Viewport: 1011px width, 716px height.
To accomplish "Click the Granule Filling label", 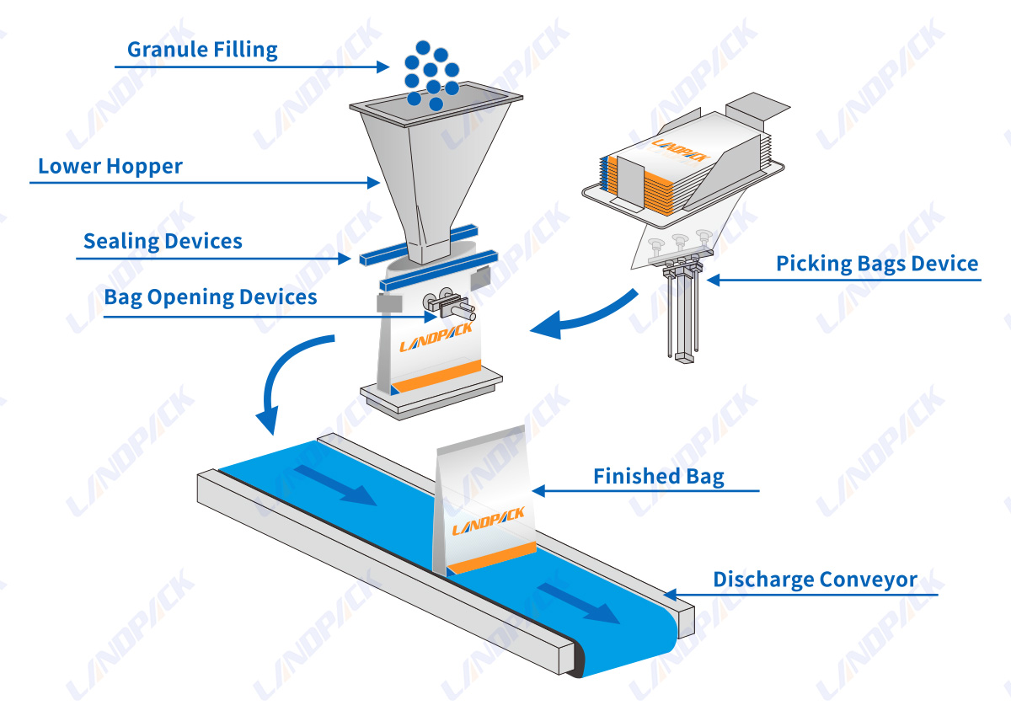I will coord(202,50).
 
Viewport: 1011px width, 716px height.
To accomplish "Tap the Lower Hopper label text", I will coord(110,166).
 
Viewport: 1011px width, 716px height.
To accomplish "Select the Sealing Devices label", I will coord(163,242).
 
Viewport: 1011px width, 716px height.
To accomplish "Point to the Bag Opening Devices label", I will coord(211,297).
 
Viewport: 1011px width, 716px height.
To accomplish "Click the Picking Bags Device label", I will coord(877,264).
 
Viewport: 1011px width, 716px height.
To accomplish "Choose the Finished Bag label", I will coord(658,477).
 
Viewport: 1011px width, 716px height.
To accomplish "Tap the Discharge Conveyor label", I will coord(815,580).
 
